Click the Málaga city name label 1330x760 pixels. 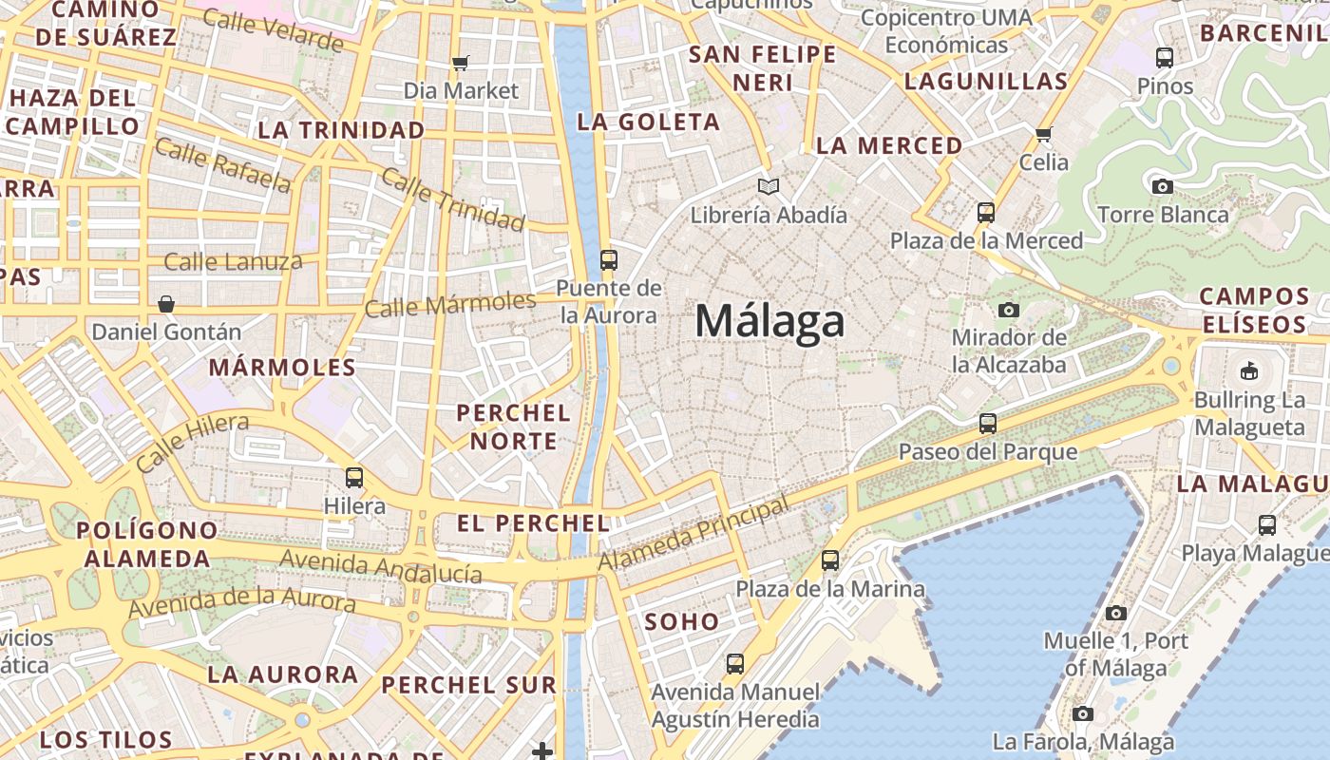769,321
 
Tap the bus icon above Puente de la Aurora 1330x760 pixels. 609,259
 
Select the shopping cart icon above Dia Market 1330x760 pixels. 461,63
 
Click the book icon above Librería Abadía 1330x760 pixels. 768,186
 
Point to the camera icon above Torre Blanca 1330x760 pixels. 1162,186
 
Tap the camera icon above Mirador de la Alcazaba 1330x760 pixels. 1009,310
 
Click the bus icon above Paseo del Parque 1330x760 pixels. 988,424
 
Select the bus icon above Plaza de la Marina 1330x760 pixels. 830,560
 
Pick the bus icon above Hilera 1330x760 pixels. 354,477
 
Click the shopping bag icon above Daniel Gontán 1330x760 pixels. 166,304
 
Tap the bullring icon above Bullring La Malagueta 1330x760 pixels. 1249,370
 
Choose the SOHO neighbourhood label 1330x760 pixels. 682,622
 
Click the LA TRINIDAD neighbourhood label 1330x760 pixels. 341,130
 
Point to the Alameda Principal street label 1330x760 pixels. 693,536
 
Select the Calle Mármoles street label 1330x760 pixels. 450,305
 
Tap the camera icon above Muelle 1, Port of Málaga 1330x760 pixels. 1116,613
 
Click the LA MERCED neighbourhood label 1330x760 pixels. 889,145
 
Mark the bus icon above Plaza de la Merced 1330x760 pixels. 986,212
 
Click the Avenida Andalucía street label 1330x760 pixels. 380,567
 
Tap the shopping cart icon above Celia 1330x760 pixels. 1044,134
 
